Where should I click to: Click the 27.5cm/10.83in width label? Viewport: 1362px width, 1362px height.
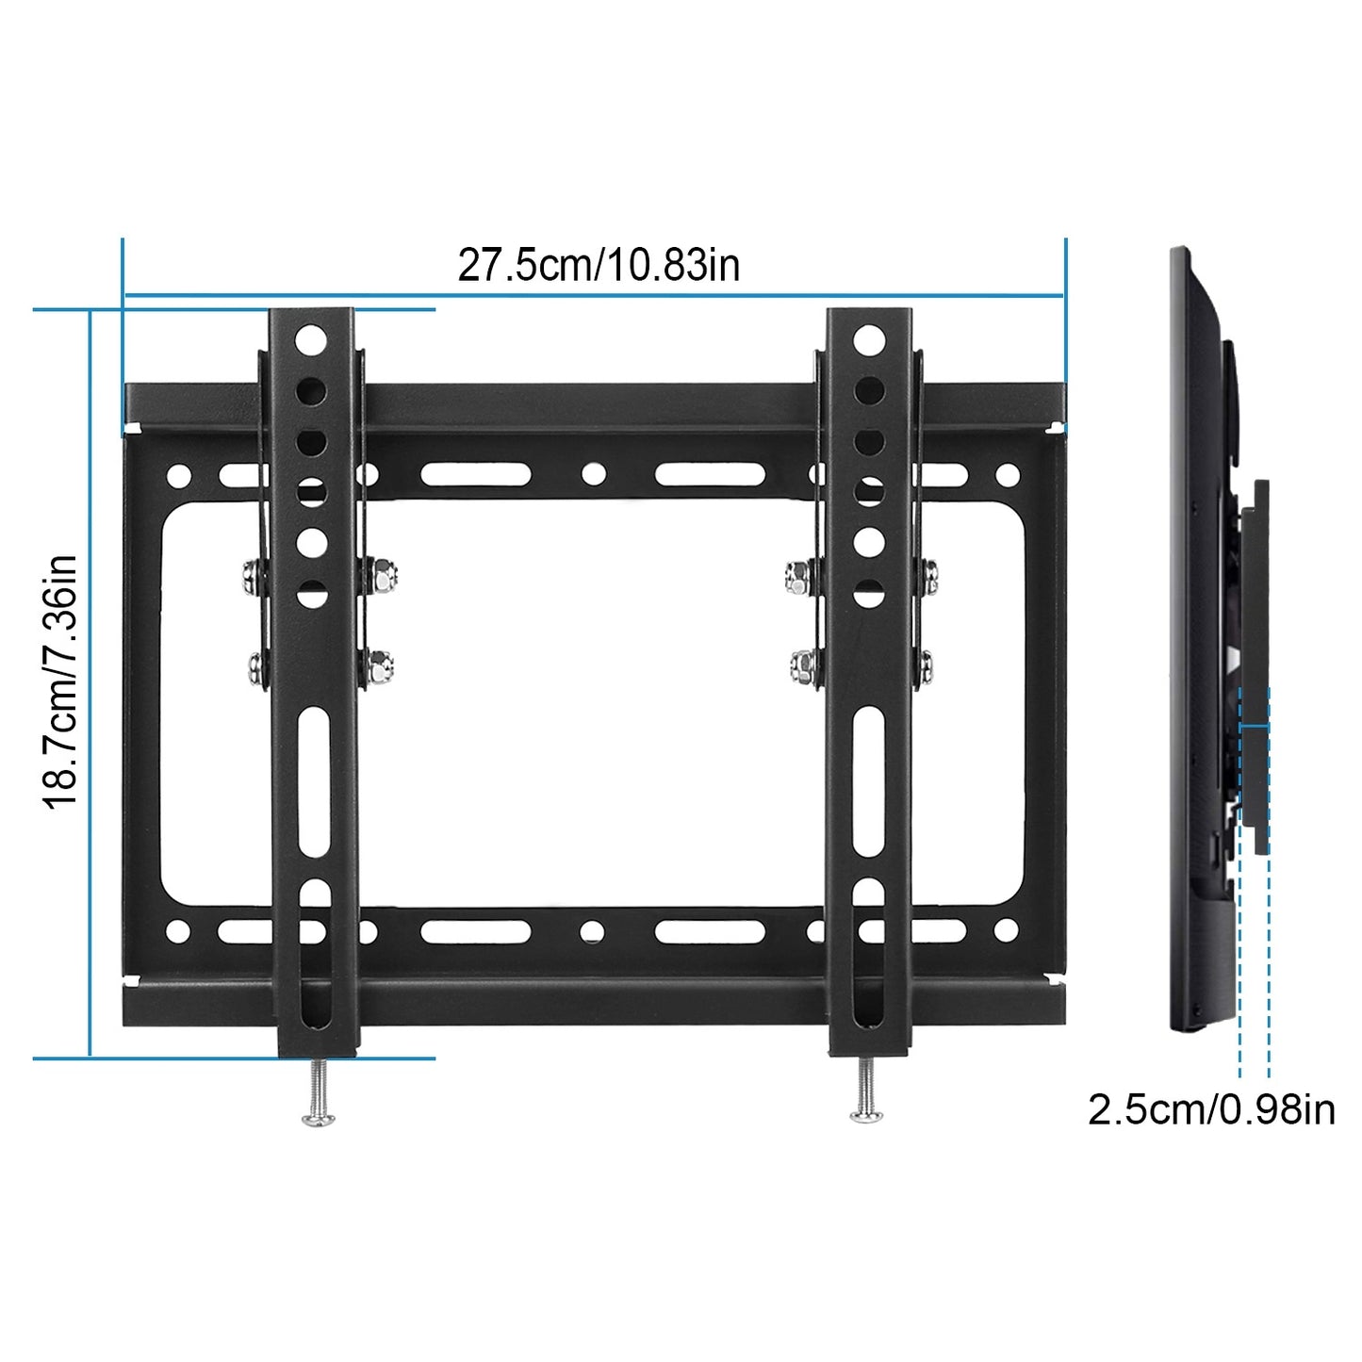pyautogui.click(x=599, y=265)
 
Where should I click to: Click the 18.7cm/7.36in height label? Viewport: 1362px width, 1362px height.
pyautogui.click(x=60, y=681)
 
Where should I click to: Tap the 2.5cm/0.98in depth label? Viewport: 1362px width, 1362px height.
pyautogui.click(x=1211, y=1109)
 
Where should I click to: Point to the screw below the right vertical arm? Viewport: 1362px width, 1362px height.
pyautogui.click(x=866, y=1093)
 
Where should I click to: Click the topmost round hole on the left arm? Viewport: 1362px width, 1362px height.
pyautogui.click(x=310, y=339)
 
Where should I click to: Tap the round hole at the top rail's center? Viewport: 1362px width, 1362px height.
pyautogui.click(x=593, y=473)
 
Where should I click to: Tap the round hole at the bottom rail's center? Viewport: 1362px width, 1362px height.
pyautogui.click(x=592, y=932)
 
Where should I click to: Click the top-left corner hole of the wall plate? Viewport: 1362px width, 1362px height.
pyautogui.click(x=178, y=475)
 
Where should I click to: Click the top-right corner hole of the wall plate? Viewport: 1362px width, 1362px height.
pyautogui.click(x=1008, y=474)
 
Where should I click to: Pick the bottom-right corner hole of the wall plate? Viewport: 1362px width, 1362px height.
pyautogui.click(x=1007, y=931)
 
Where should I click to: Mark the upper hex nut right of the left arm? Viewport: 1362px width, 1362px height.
pyautogui.click(x=383, y=573)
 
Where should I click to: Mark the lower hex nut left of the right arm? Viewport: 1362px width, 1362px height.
pyautogui.click(x=803, y=666)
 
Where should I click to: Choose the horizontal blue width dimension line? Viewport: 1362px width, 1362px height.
pyautogui.click(x=594, y=296)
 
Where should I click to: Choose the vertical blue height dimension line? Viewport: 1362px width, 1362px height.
pyautogui.click(x=90, y=683)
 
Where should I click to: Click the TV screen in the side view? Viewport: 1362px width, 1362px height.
pyautogui.click(x=1190, y=641)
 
